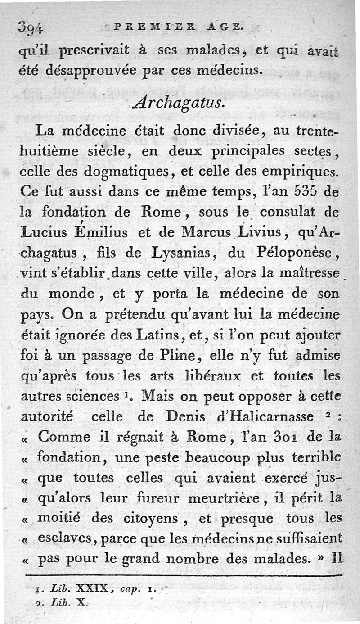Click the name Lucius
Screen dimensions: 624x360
click(41, 231)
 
